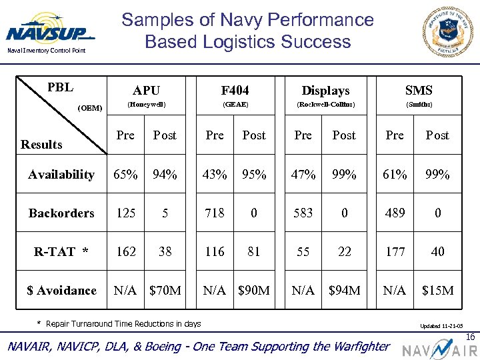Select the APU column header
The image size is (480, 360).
[x=146, y=90]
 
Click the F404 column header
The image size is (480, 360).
[x=235, y=90]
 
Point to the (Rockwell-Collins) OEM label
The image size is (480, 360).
[x=325, y=105]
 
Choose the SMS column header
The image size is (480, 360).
[x=419, y=90]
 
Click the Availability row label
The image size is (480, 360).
[x=61, y=175]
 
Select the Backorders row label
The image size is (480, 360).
[x=61, y=213]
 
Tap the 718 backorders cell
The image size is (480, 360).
[x=215, y=213]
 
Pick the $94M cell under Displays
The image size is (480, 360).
[x=345, y=290]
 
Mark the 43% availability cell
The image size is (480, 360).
[x=215, y=175]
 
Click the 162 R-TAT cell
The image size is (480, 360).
[x=125, y=251]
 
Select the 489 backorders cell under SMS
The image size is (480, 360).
[x=395, y=213]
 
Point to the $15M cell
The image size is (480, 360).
[x=437, y=290]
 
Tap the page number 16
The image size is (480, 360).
[x=471, y=337]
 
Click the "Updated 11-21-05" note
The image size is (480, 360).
[x=441, y=327]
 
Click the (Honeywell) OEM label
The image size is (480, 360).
[x=146, y=105]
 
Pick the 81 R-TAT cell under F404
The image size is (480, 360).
[x=253, y=251]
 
